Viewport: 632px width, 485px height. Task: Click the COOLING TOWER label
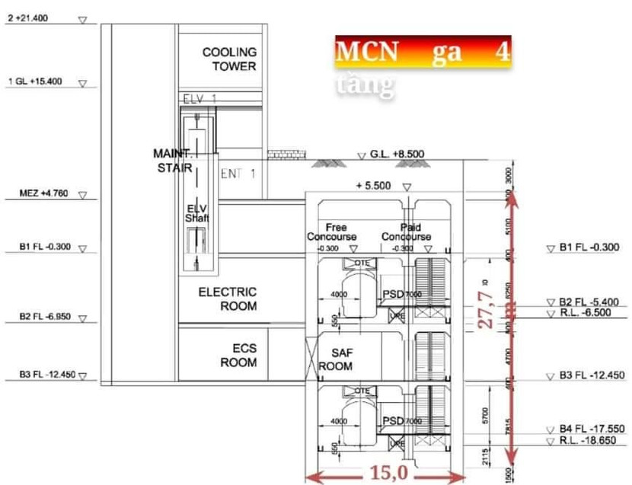coord(229,59)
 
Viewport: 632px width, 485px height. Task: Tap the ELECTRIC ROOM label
coord(227,298)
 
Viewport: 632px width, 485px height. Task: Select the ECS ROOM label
coord(238,355)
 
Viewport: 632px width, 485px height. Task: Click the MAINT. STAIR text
coord(171,161)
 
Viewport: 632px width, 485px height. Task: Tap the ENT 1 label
coord(238,174)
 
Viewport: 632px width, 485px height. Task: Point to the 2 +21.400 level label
coord(27,18)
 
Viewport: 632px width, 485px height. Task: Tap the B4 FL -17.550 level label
coord(590,429)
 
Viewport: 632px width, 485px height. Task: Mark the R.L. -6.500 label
coord(587,312)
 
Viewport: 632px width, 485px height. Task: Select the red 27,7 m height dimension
coord(490,304)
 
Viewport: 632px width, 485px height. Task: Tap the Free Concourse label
coord(332,232)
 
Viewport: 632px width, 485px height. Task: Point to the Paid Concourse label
coord(406,232)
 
